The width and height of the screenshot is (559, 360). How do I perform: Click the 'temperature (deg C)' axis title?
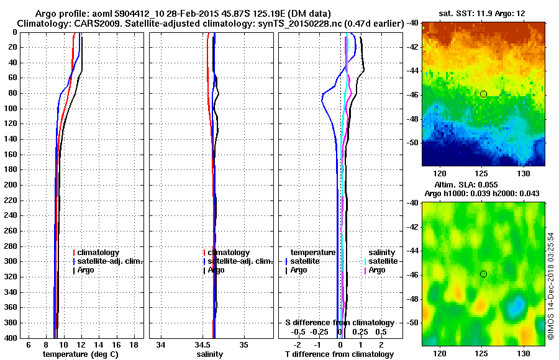pos(80,354)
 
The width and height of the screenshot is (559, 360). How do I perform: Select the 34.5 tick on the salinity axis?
pos(203,344)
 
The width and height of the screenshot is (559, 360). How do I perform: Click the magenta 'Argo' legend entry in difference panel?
pos(377,270)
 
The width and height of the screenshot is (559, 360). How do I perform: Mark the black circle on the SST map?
pos(483,94)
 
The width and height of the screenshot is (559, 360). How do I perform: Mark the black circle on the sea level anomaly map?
pos(483,274)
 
